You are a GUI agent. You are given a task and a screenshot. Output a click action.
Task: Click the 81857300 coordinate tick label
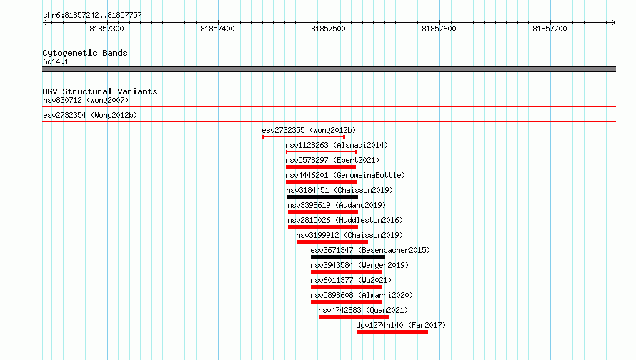pos(106,29)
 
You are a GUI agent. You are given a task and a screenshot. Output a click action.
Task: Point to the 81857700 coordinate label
pos(550,29)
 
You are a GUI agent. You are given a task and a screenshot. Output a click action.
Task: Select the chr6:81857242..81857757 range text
pos(92,16)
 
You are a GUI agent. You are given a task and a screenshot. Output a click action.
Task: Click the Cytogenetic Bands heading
pos(85,53)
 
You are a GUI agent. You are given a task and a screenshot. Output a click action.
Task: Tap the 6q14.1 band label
pos(56,61)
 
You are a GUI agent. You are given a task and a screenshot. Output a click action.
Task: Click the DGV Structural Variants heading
pos(100,91)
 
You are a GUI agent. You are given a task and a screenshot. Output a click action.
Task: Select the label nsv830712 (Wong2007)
pos(86,100)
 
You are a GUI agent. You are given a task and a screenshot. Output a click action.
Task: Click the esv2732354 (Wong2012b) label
pos(90,115)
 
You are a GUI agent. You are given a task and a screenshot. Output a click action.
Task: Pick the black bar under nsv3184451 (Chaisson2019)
pos(322,197)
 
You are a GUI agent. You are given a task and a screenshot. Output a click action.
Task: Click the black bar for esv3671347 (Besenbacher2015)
pos(348,257)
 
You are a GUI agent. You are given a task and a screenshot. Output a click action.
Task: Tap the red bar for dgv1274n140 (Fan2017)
pos(392,332)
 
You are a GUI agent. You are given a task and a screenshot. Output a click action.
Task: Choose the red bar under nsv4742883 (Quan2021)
pos(354,317)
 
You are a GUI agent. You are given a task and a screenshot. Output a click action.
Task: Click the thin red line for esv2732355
pos(304,137)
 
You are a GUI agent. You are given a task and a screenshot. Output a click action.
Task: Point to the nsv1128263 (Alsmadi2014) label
pos(337,145)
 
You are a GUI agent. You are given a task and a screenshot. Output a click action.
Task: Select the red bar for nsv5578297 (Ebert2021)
pos(321,167)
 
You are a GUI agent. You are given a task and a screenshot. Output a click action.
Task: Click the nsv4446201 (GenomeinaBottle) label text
pos(345,175)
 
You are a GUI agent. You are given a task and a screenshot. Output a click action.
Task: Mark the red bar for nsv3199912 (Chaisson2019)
pos(332,242)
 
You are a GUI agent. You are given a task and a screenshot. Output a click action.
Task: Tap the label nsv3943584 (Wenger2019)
pos(359,265)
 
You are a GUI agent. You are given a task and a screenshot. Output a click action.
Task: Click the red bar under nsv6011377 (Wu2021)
pos(346,287)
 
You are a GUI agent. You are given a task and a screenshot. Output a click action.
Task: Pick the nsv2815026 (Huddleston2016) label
pos(345,220)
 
